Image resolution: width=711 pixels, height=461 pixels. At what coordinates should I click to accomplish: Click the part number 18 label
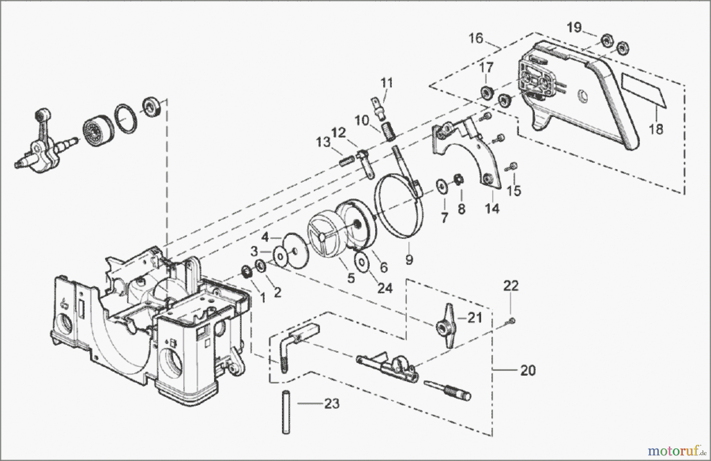tap(656, 129)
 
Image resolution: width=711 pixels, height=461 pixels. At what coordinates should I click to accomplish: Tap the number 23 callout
tap(332, 404)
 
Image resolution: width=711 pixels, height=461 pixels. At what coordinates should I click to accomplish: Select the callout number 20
tap(528, 370)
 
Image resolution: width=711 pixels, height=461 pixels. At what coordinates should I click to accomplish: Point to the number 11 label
tap(387, 83)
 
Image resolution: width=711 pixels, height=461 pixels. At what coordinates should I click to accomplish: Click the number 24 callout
tap(385, 288)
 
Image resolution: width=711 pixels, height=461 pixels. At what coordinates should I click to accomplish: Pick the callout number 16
tap(476, 39)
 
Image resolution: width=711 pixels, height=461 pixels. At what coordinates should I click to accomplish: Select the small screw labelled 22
tap(512, 321)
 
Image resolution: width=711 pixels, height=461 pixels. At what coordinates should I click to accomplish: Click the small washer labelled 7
tap(440, 185)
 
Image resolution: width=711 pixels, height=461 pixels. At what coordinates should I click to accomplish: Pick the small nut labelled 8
tap(459, 180)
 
